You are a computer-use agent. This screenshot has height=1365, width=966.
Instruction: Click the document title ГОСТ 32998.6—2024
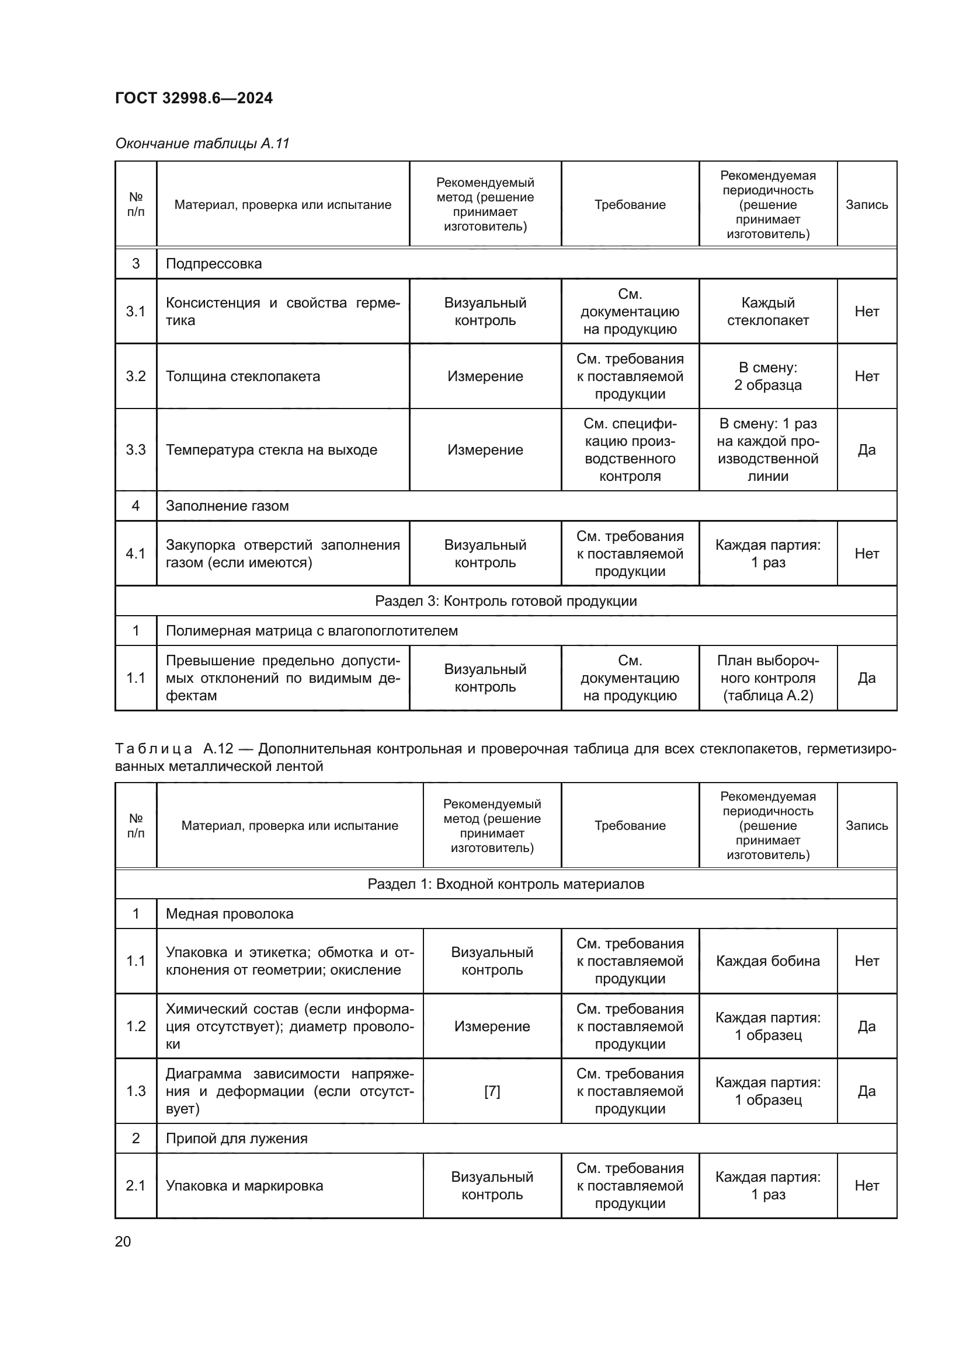(x=194, y=98)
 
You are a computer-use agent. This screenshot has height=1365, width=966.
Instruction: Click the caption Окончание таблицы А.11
(x=202, y=144)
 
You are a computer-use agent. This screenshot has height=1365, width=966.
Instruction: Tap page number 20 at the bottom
(x=123, y=1241)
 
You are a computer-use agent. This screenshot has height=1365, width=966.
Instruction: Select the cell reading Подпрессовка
(x=214, y=263)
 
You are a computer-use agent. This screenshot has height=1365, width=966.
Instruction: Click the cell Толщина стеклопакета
(x=243, y=376)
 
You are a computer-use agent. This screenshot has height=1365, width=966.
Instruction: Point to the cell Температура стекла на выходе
(x=271, y=450)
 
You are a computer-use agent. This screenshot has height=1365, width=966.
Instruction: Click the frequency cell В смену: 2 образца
(x=767, y=376)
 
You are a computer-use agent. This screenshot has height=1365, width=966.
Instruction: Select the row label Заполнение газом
(x=227, y=506)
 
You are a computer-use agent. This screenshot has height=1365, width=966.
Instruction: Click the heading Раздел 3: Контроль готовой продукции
(x=506, y=601)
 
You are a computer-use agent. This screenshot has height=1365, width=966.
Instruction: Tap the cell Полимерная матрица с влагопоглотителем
(x=312, y=631)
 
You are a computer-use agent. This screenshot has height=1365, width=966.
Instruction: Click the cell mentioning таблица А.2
(x=767, y=678)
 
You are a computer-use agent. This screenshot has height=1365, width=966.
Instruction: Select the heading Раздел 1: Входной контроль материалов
(x=506, y=884)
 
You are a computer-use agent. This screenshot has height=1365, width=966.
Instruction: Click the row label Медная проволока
(x=230, y=914)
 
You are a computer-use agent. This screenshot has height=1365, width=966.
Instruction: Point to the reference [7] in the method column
(x=492, y=1091)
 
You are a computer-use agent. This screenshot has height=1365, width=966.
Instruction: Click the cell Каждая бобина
(x=767, y=961)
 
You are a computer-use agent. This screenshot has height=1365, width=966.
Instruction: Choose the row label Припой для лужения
(x=237, y=1139)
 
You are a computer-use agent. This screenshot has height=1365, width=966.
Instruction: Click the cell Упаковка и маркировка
(x=245, y=1186)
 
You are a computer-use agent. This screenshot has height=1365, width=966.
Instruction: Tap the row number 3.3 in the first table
(x=135, y=450)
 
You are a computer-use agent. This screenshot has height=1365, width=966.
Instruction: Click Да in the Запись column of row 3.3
(x=866, y=450)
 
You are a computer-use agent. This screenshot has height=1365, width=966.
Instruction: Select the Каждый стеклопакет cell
(x=767, y=312)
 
